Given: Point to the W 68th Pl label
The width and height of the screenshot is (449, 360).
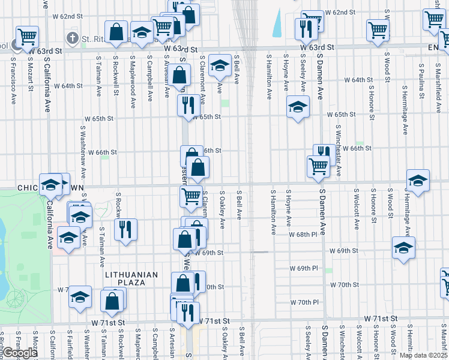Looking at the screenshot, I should tap(303, 235).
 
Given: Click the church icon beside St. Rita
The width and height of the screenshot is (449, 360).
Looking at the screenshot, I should tap(72, 39).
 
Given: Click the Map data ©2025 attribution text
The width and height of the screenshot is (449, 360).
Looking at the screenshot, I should tap(423, 355).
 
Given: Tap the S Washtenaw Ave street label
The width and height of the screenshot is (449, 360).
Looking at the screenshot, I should tap(82, 150).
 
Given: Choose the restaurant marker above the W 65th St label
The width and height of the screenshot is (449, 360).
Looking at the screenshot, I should tap(188, 105).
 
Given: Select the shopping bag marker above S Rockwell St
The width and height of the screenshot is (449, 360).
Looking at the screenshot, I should tap(116, 31).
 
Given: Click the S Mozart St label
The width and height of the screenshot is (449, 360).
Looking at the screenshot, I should tap(30, 75).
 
